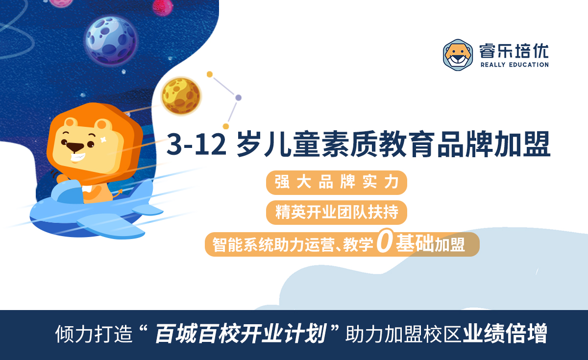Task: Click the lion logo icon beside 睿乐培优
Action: pyautogui.click(x=458, y=55)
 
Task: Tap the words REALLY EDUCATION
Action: pyautogui.click(x=514, y=65)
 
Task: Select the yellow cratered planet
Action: pyautogui.click(x=181, y=96)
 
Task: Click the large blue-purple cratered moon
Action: pyautogui.click(x=111, y=40)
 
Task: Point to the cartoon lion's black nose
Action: pyautogui.click(x=75, y=147)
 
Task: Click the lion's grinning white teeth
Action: pyautogui.click(x=78, y=157)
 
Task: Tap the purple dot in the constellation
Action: pyautogui.click(x=238, y=98)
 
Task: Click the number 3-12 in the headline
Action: pyautogui.click(x=196, y=144)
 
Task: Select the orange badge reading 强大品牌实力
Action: pyautogui.click(x=337, y=183)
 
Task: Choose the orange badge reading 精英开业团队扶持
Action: pyautogui.click(x=337, y=212)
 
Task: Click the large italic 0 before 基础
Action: pyautogui.click(x=385, y=240)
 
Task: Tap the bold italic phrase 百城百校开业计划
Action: pyautogui.click(x=241, y=334)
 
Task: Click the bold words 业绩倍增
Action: pyautogui.click(x=505, y=334)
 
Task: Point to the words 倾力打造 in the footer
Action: pyautogui.click(x=94, y=334)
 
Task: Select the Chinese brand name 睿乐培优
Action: pyautogui.click(x=514, y=51)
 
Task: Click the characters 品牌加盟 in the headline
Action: pyautogui.click(x=494, y=144)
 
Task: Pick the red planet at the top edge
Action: pyautogui.click(x=162, y=6)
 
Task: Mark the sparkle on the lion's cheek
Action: pyautogui.click(x=103, y=139)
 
